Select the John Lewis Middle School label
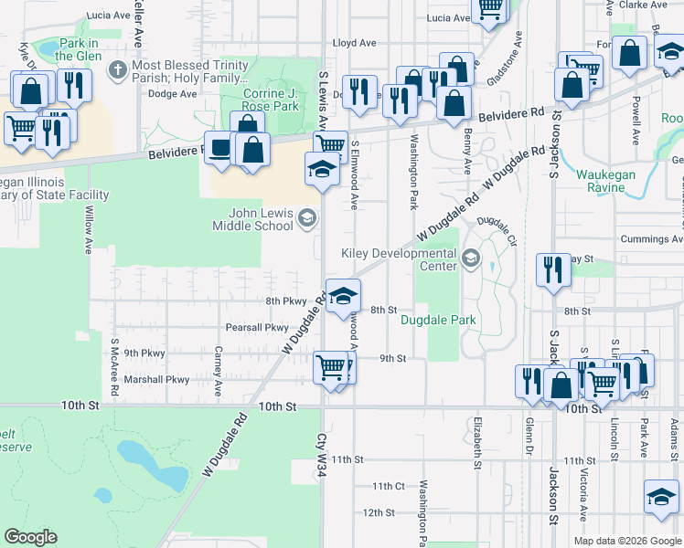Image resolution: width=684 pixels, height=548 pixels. click(x=253, y=219)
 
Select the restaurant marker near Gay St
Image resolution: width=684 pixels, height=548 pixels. click(x=552, y=269)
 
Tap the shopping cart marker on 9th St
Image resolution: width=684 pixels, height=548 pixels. click(x=330, y=368)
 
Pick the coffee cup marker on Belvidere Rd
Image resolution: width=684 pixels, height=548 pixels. click(x=219, y=148)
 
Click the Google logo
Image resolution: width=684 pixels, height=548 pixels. click(x=30, y=537)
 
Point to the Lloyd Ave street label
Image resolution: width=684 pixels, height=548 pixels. click(x=355, y=43)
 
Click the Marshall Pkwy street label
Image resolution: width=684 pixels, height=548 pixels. click(x=156, y=380)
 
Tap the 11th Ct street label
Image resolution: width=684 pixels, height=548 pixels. click(x=389, y=486)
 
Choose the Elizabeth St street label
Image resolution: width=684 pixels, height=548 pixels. click(x=477, y=442)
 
